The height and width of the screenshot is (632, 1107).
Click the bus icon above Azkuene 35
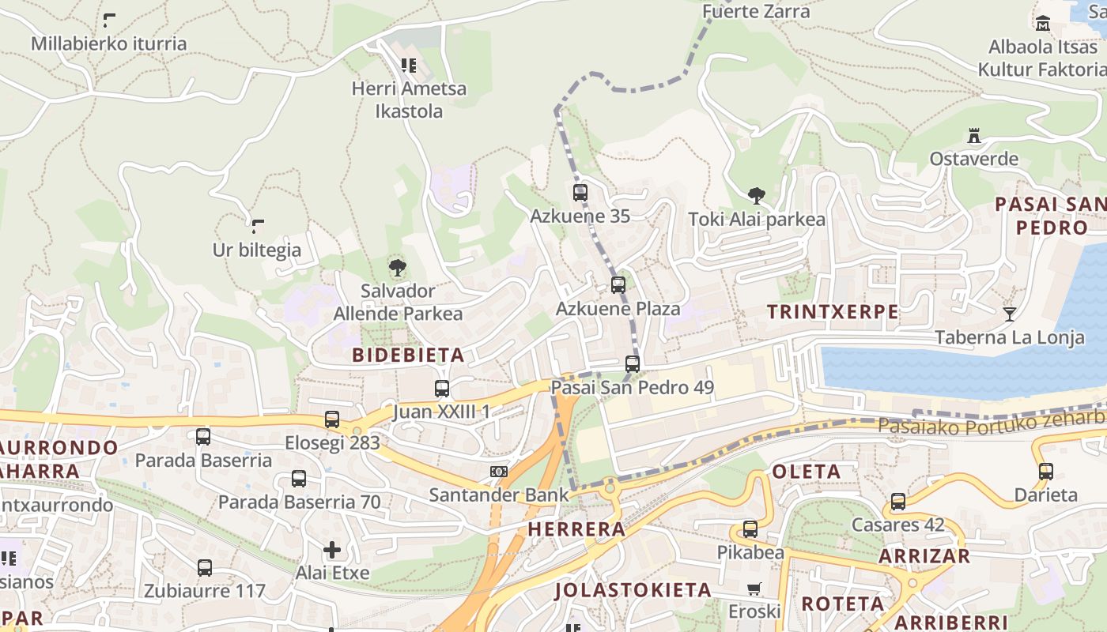[580, 192]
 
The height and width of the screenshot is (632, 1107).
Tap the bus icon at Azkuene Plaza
[618, 285]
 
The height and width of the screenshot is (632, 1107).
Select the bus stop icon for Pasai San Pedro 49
[633, 364]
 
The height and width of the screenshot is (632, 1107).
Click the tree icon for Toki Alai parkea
[757, 196]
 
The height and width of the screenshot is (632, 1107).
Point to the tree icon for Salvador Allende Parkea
[398, 267]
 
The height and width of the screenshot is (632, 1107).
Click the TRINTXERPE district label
[833, 312]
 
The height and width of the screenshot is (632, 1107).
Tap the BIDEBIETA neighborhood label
[408, 355]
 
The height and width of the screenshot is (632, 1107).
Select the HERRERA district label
[576, 529]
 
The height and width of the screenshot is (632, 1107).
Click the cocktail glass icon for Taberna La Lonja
[1009, 314]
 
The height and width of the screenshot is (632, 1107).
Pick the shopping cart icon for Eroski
[754, 589]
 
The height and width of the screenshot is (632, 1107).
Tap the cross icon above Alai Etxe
[332, 549]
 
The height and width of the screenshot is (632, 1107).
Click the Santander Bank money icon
[498, 472]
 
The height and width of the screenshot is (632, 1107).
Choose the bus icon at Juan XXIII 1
[442, 389]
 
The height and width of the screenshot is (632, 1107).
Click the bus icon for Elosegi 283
[332, 419]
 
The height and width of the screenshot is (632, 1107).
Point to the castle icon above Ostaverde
[974, 136]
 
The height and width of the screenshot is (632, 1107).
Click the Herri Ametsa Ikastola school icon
[408, 66]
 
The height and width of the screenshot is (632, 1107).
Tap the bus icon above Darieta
[1046, 472]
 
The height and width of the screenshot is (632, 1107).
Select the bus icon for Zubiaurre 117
[205, 567]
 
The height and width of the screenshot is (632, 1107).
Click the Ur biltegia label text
[257, 250]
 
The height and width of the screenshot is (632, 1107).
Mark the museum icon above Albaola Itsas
[1043, 24]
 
